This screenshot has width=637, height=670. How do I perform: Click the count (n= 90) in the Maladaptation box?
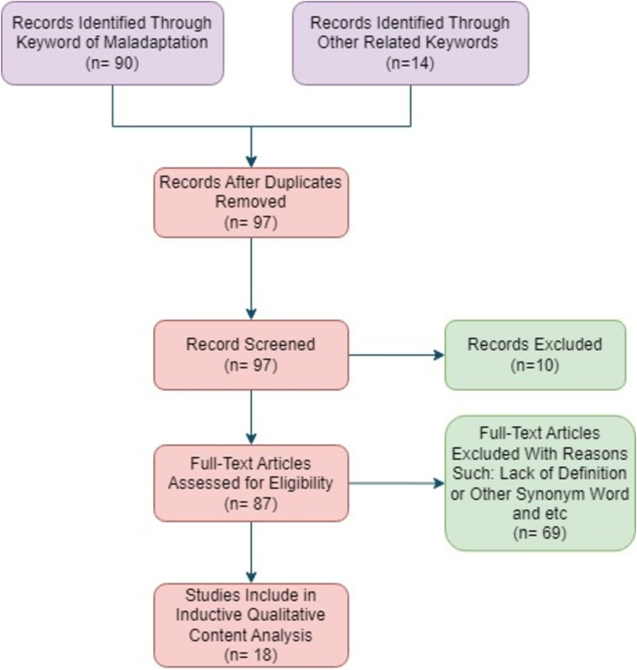coord(112,63)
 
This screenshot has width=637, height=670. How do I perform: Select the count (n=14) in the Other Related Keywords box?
coord(410,63)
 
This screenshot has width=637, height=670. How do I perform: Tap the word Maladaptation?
coord(156,42)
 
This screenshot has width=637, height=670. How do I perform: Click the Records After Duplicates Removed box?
coord(251,203)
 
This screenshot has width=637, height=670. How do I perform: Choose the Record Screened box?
coord(251,355)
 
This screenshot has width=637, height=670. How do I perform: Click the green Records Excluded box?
coord(535,355)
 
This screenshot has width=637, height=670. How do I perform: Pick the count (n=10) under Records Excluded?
coord(535,365)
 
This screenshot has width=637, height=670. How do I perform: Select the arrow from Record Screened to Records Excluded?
coord(396,355)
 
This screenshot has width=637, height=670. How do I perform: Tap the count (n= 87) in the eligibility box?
coord(251,503)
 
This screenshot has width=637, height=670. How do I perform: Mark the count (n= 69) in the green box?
coord(539,533)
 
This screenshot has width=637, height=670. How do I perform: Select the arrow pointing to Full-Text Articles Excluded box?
coord(396,484)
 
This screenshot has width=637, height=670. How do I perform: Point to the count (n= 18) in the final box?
coord(251,655)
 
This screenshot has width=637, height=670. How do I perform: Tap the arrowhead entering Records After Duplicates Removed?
coord(251,162)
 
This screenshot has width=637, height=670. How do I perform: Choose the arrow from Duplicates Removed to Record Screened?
coord(251,278)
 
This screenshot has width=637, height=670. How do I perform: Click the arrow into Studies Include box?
coord(251,552)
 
